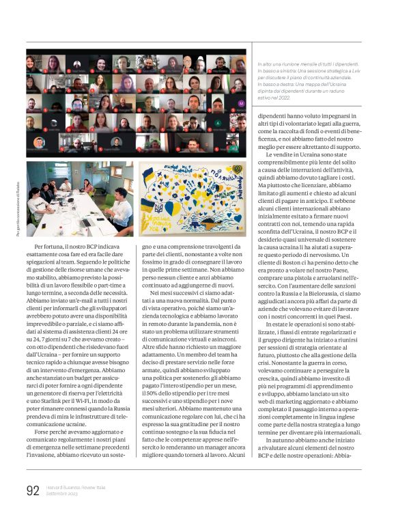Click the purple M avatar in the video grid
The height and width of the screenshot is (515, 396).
(x=242, y=103)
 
